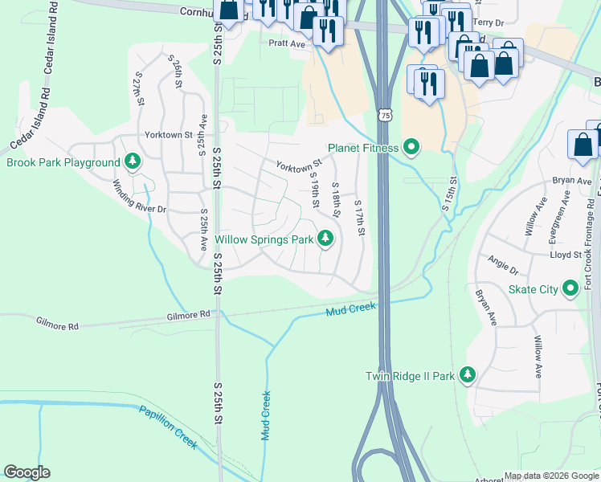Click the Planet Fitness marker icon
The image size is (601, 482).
click(412, 147)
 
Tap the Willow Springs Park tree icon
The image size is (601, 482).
click(325, 239)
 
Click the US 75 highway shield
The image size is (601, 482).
click(386, 116)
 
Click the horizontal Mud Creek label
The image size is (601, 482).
click(351, 308)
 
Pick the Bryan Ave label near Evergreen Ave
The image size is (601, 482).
click(571, 182)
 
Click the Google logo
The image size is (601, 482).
click(27, 472)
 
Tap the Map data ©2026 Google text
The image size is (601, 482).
click(551, 476)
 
